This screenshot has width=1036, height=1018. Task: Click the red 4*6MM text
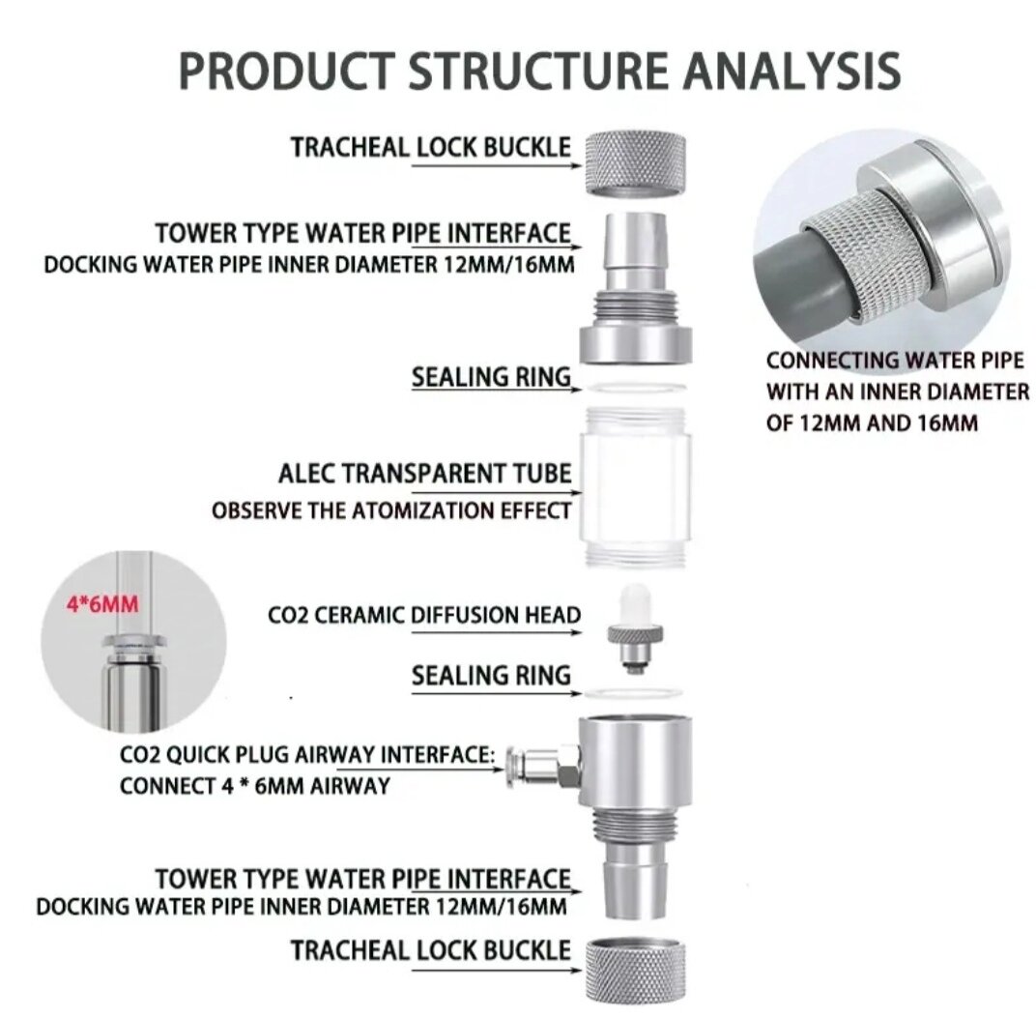pyautogui.click(x=102, y=606)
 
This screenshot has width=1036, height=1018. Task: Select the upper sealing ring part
pyautogui.click(x=633, y=389)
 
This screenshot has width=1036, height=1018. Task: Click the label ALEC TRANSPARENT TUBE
pyautogui.click(x=424, y=474)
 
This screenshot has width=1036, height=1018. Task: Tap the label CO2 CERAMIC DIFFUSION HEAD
pyautogui.click(x=424, y=615)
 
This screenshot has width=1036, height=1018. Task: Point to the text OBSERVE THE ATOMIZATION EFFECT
pyautogui.click(x=391, y=509)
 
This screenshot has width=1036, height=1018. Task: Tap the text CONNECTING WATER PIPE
pyautogui.click(x=895, y=361)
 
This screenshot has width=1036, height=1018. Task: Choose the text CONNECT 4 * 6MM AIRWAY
pyautogui.click(x=255, y=785)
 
